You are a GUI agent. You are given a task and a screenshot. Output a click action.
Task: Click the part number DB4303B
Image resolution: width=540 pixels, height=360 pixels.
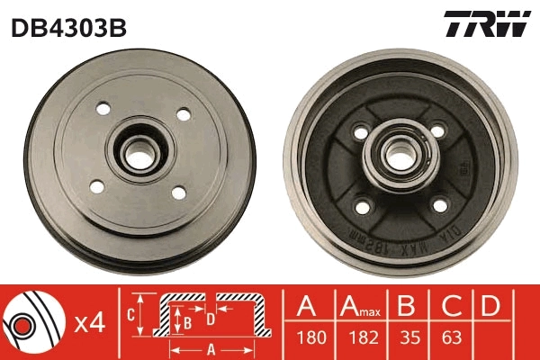(x=68, y=27)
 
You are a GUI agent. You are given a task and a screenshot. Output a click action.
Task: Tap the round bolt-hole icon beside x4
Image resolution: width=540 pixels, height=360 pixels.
(x=31, y=320)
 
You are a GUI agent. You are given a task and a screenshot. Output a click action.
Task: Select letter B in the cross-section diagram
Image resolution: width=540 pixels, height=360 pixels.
(x=187, y=319)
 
